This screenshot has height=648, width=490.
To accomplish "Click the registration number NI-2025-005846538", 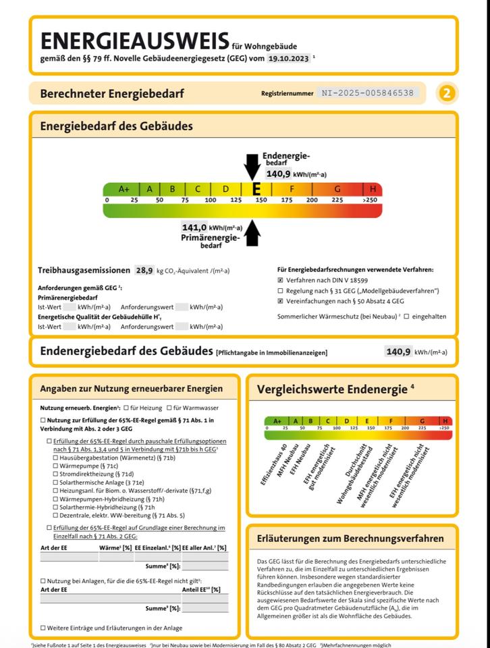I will coord(368,93).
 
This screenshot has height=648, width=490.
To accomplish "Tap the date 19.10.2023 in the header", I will coord(288,59).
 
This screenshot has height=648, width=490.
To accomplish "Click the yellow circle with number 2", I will coord(446,93).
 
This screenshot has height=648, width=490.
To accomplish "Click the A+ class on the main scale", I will coord(124,189).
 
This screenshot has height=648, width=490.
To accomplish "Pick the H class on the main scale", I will coord(373,189).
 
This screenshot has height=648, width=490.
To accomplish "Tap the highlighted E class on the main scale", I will coord(256,189).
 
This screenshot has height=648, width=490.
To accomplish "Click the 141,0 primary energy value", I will coord(194,227).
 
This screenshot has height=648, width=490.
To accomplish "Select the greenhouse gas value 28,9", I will coord(144,270).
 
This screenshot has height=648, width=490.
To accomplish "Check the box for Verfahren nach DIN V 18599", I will coord(281,279).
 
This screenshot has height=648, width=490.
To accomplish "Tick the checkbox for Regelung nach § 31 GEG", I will coord(281,291).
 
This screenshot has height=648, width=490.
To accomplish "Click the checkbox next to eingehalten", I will coord(406,316).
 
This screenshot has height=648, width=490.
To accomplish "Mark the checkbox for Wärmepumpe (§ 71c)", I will coord(55,465).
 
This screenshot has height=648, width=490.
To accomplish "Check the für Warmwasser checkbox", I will coord(169,408).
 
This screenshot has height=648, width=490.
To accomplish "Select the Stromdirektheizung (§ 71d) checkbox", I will coord(55,474).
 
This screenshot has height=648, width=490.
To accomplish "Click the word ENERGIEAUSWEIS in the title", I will coord(134,41).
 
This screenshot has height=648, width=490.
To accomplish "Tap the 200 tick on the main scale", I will coord(312,200).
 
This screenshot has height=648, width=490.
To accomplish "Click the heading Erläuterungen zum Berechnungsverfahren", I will coord(350,538).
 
